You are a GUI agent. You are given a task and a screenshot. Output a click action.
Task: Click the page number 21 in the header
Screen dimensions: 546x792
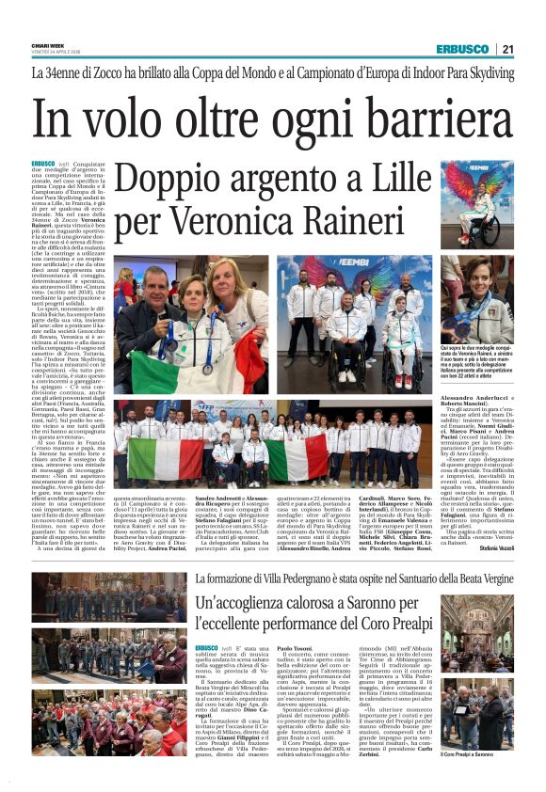[x=533, y=49]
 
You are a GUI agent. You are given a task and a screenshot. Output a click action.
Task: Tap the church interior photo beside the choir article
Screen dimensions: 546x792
[x=490, y=672]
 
